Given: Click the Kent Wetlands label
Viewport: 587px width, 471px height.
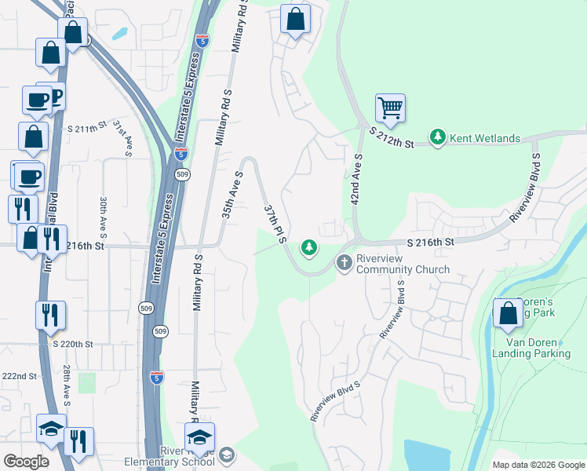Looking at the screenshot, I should tap(484, 139).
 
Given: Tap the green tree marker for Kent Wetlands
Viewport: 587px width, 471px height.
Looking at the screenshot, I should tap(438, 138).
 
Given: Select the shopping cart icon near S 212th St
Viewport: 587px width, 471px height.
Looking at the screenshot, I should tap(389, 107).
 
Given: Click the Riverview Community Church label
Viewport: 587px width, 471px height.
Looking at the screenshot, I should tap(403, 264).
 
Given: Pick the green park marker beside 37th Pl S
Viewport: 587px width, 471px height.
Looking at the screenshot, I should tap(309, 249).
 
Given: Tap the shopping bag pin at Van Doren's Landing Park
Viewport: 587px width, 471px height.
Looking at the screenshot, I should tap(509, 312).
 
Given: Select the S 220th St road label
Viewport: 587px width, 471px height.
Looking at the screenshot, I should tap(73, 344).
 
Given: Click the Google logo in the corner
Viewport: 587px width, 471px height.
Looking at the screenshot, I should tap(26, 462).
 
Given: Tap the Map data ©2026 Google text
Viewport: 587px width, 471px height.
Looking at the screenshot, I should tap(538, 465).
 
